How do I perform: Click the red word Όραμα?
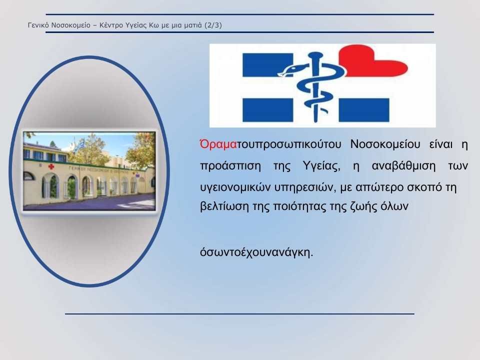[218, 144]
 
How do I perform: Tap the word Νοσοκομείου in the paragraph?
[385, 144]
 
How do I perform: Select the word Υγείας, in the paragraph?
[321, 166]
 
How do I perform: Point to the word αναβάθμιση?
[403, 165]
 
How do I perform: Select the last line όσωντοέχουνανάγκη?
[256, 253]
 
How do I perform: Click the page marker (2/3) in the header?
[214, 25]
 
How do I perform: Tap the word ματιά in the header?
[193, 25]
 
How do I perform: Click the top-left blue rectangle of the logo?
[268, 65]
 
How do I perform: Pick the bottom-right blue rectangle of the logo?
[364, 110]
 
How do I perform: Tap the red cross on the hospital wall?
[51, 166]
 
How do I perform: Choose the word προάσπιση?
[230, 166]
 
